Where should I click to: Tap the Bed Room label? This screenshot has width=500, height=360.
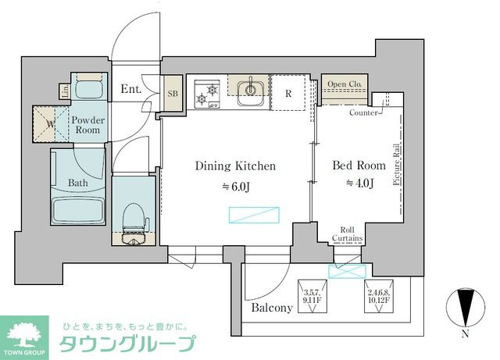click(359, 166)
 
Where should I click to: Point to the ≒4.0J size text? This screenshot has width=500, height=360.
click(359, 184)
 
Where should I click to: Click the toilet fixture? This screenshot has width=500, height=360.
click(134, 219)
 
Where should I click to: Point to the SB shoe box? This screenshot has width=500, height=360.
click(173, 94)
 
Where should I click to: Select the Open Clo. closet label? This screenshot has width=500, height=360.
click(344, 84)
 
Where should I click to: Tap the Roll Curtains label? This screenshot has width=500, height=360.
click(346, 234)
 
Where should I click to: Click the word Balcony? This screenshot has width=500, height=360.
click(271, 308)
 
